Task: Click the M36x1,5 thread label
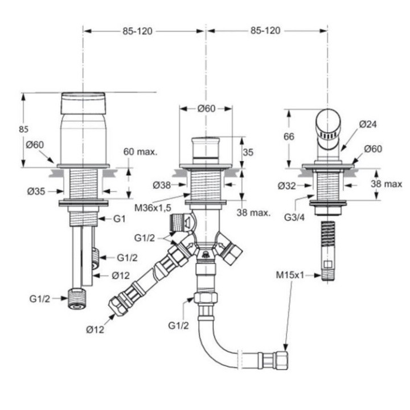tap(153, 208)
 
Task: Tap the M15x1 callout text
tap(290, 275)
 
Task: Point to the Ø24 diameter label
tap(368, 124)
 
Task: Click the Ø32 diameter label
tap(287, 185)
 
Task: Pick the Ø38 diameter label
tap(162, 184)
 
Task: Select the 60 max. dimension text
tap(140, 152)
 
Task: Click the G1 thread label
tap(119, 219)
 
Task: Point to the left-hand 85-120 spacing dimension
tap(137, 31)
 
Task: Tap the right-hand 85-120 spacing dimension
tap(265, 31)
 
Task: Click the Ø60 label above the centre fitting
tap(206, 109)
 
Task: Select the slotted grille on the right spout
tap(330, 136)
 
